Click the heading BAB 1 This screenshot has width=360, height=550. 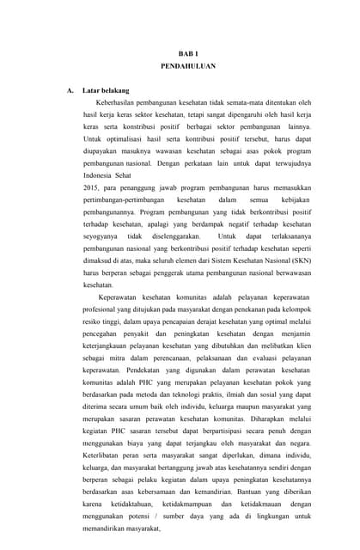coord(187,53)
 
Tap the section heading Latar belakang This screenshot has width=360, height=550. coord(106,90)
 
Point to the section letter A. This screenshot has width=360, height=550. coord(69,90)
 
